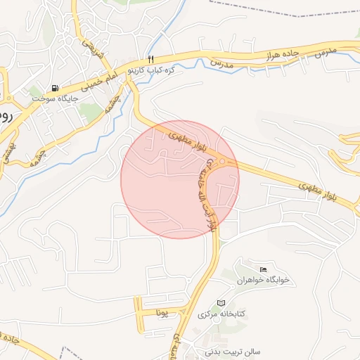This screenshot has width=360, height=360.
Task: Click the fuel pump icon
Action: (x=55, y=88)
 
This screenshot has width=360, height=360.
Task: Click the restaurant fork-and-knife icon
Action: (x=150, y=59)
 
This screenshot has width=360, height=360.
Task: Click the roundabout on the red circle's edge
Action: (x=224, y=162)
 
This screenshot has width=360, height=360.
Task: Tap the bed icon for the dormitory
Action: (x=264, y=269)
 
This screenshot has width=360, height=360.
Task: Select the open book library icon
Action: (x=221, y=302)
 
